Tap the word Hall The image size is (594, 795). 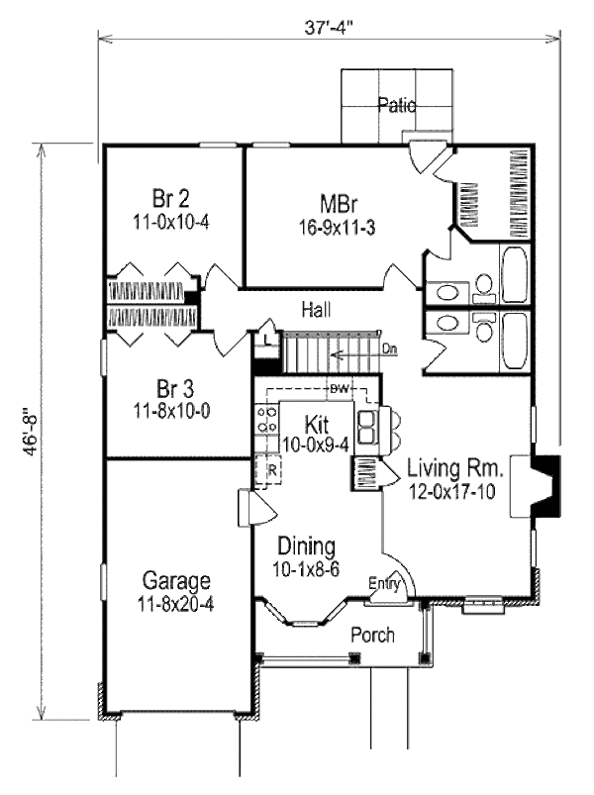317,310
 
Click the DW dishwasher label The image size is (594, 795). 340,387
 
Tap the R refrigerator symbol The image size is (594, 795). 269,470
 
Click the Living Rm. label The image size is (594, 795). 457,467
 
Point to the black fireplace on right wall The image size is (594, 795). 546,485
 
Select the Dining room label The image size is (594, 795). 306,546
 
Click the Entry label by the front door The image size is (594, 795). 384,585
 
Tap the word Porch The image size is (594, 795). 373,635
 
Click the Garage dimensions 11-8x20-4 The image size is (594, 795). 175,600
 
